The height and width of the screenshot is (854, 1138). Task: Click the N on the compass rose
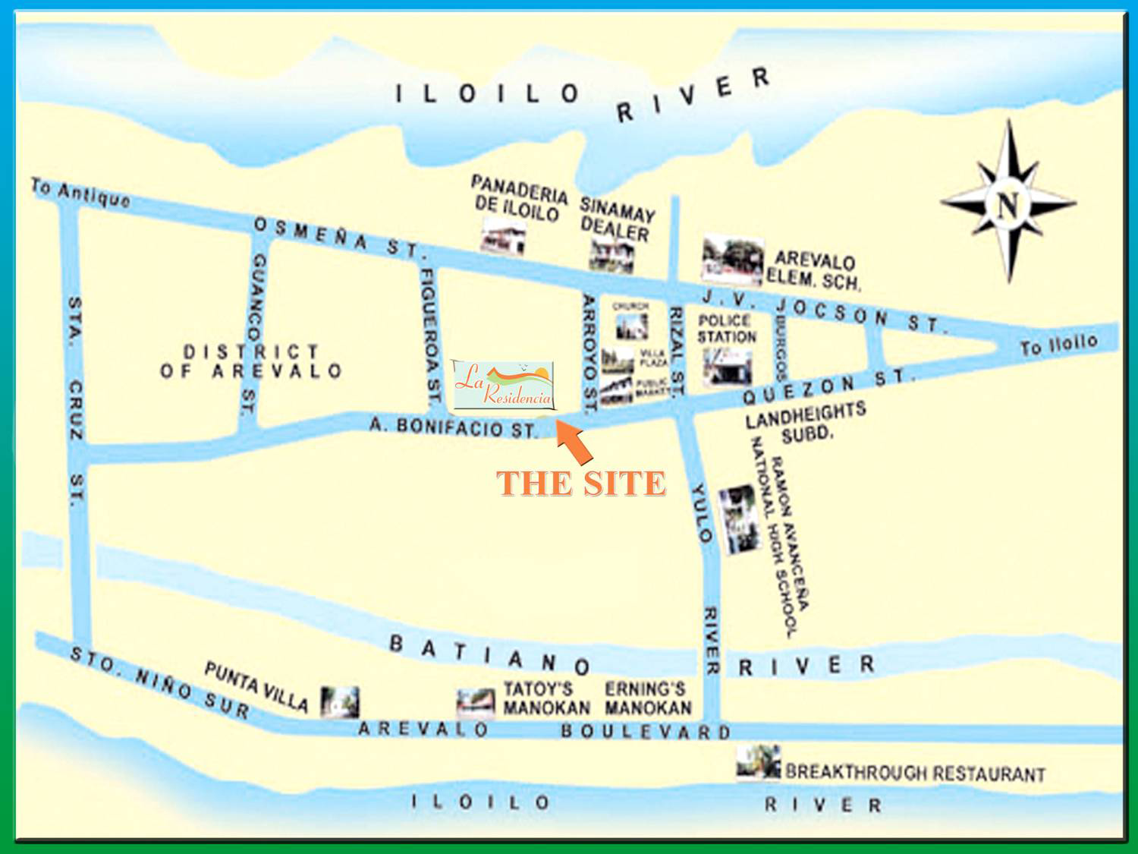point(1008,204)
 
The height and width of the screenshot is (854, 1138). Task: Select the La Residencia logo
point(503,385)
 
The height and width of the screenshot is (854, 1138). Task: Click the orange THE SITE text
point(581,484)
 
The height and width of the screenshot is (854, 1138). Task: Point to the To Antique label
point(80,194)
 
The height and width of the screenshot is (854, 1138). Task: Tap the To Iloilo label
point(1058,345)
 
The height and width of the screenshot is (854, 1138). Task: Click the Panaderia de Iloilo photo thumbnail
point(503,236)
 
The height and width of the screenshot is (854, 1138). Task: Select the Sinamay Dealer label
point(616,219)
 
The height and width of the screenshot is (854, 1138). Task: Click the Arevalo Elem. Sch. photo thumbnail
point(732,261)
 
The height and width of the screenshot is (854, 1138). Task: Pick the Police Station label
point(727,329)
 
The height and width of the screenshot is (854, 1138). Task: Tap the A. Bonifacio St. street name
point(453,427)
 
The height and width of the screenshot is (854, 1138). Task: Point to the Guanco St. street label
point(254,334)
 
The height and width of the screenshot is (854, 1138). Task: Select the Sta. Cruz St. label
point(76,402)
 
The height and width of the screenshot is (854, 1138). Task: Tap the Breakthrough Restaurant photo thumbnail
point(758,761)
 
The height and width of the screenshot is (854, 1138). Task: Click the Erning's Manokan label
point(648,698)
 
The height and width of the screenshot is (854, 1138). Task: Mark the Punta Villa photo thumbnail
point(339,702)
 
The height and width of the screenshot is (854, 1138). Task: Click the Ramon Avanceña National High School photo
point(739,520)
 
